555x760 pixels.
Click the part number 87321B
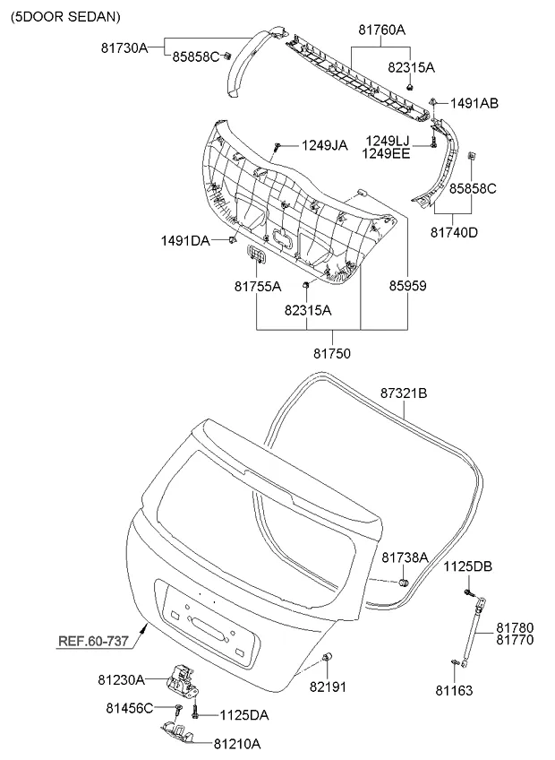tap(404, 393)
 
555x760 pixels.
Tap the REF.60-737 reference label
tap(94, 641)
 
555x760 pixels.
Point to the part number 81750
tap(331, 353)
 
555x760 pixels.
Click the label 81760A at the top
tap(381, 30)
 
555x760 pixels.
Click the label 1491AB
tap(474, 103)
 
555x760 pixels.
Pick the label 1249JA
tap(323, 144)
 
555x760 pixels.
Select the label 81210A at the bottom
tap(237, 743)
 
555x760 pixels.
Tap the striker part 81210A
tap(179, 732)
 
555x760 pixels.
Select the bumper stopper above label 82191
tap(328, 659)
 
